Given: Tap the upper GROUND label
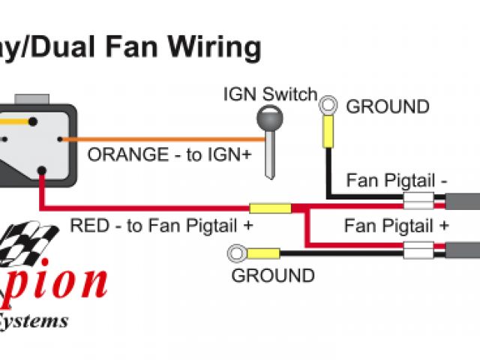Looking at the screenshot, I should [388, 106].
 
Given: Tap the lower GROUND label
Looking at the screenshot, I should [273, 275].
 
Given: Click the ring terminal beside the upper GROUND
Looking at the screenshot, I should [328, 104].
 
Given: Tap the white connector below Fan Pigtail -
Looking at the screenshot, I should [418, 201].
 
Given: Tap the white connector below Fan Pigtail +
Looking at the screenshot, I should [418, 250].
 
